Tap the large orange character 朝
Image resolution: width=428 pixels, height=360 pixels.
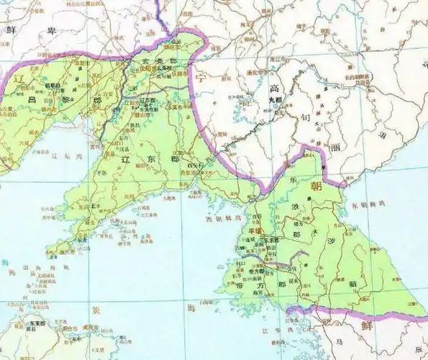[x=317, y=185]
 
